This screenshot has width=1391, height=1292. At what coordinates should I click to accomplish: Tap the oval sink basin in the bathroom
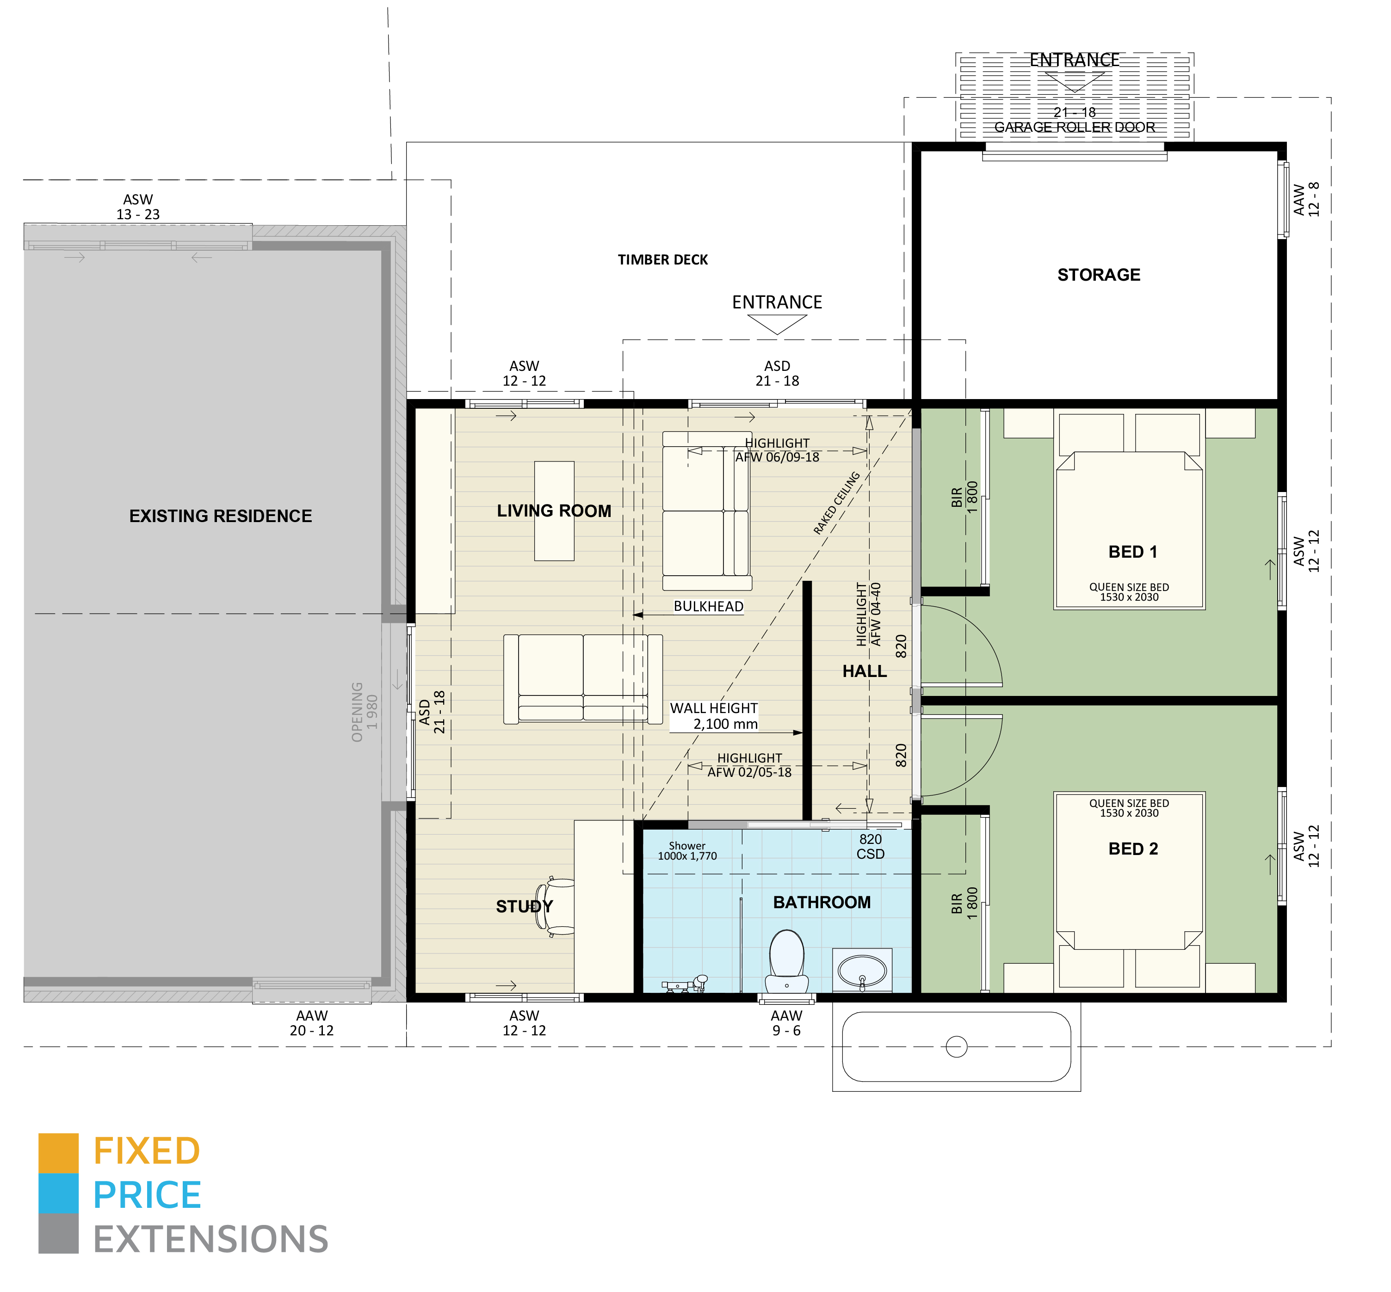point(862,971)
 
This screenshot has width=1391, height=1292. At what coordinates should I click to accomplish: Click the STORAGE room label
point(1099,275)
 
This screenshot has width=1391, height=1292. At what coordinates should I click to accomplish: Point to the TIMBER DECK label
point(662,260)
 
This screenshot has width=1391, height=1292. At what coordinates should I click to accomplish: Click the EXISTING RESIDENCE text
point(220,516)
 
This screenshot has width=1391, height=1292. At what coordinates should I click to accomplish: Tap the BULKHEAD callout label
point(708,606)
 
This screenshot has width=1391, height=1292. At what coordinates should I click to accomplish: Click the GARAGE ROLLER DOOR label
point(1074,127)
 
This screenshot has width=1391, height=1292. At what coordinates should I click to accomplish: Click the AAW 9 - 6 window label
point(786,1023)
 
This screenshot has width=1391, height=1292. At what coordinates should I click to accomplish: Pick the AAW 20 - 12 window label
point(311,1023)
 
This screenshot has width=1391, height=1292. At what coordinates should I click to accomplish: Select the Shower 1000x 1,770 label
point(687,851)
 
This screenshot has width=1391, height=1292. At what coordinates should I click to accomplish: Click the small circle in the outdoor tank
point(956,1046)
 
